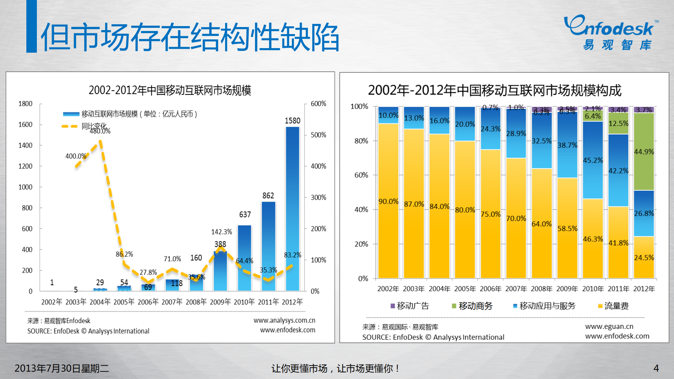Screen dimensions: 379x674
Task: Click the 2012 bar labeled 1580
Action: click(292, 209)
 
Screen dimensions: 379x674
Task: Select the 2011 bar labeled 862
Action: click(268, 246)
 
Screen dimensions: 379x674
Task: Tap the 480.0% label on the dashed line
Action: click(100, 131)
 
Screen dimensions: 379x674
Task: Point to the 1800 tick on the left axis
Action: click(25, 104)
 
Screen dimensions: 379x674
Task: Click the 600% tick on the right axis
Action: click(318, 104)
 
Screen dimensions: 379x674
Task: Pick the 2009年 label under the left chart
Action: click(220, 302)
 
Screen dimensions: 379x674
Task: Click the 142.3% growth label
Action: click(221, 232)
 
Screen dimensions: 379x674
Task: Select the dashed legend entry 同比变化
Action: click(84, 126)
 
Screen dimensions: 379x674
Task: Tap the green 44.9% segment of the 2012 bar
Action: click(644, 152)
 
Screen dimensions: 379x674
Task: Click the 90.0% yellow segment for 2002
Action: click(388, 201)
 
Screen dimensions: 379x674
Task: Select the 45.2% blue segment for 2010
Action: click(593, 160)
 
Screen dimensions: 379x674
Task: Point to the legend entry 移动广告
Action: click(410, 306)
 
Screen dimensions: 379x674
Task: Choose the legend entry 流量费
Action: click(613, 306)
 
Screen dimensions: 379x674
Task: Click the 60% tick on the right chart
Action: click(361, 175)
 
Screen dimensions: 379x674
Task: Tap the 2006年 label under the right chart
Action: click(490, 289)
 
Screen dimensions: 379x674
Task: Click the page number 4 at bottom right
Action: click(656, 368)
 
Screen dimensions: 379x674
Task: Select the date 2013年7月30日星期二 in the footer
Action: click(61, 368)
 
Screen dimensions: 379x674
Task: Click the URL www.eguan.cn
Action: click(609, 326)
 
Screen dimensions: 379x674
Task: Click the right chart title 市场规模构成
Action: click(495, 91)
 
